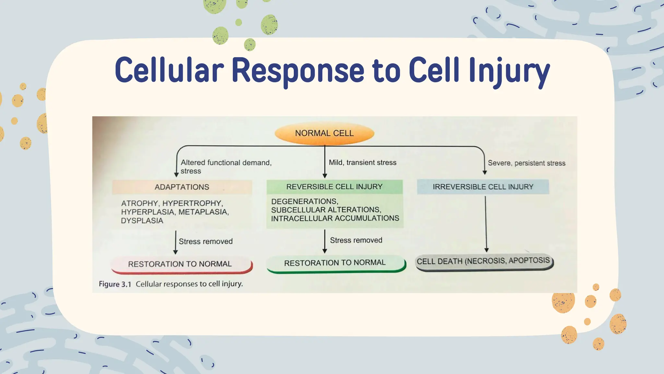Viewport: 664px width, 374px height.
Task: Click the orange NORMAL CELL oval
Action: (x=324, y=133)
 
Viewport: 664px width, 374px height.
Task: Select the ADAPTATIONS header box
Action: (x=182, y=187)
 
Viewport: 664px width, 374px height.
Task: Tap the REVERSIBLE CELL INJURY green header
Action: (x=334, y=187)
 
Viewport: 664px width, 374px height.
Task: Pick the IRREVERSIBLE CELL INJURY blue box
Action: (x=483, y=187)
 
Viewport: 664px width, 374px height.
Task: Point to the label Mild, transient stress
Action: (x=362, y=162)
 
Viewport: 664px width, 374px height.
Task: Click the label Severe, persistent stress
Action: (x=526, y=163)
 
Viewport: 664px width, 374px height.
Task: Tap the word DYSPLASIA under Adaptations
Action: (x=142, y=221)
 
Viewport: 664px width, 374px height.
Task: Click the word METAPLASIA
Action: (x=203, y=212)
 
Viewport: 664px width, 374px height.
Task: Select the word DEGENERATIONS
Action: (x=304, y=201)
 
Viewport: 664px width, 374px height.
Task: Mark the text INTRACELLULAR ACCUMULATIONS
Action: (x=335, y=218)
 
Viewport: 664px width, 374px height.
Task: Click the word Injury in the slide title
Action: (x=509, y=70)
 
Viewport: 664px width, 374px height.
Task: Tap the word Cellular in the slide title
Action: (x=169, y=70)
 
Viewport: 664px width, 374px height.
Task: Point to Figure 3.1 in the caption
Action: (x=115, y=284)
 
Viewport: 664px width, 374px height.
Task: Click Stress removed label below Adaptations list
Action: (x=206, y=242)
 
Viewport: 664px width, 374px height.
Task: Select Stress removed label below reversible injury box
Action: (x=356, y=240)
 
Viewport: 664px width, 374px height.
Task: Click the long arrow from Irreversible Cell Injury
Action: (x=486, y=224)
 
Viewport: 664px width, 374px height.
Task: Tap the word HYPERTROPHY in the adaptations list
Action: (x=192, y=203)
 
